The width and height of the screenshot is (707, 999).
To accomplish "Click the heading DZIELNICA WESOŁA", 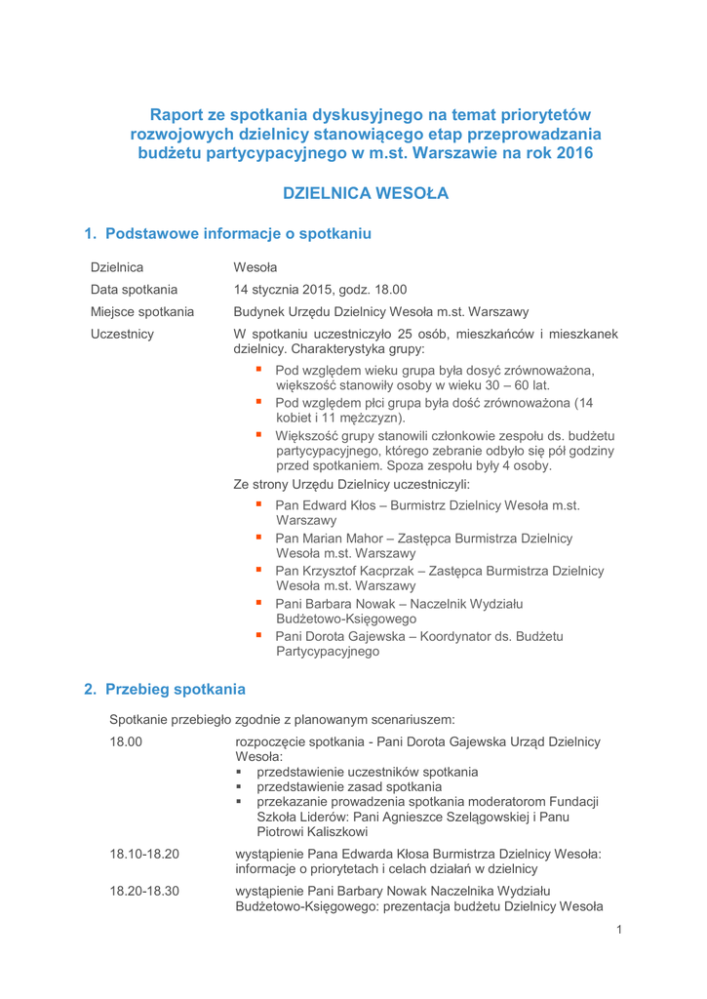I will click(365, 193).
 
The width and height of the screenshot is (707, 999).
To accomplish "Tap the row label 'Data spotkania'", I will click(134, 289).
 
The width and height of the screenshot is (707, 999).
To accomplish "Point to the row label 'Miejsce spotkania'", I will click(141, 312).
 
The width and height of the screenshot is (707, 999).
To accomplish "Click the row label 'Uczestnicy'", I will click(122, 336).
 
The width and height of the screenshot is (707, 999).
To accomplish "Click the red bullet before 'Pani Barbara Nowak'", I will click(259, 602).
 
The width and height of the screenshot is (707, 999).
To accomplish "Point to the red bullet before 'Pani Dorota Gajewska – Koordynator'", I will click(259, 635).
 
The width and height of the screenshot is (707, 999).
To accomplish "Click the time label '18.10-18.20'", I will click(144, 854).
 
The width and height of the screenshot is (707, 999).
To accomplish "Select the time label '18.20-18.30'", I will click(144, 890).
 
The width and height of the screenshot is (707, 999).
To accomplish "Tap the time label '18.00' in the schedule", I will click(127, 743).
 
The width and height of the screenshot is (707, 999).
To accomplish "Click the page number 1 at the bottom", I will click(618, 929).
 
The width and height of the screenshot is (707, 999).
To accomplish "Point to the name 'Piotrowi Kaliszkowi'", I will click(312, 831).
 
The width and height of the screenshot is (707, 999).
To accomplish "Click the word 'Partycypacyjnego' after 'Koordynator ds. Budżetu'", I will click(328, 653).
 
